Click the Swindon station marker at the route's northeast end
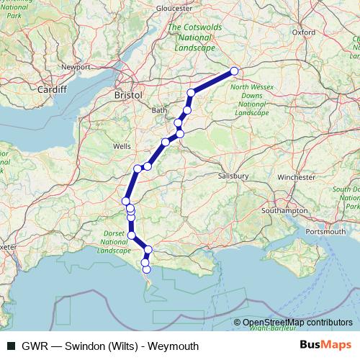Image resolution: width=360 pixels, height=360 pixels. tap(234, 71)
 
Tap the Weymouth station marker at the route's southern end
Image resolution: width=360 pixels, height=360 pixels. tap(147, 270)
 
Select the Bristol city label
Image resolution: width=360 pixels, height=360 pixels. tap(128, 94)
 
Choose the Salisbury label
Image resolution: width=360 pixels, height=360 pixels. tap(234, 176)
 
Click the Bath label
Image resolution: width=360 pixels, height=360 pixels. tap(159, 110)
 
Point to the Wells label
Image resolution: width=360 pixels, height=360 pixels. tap(122, 146)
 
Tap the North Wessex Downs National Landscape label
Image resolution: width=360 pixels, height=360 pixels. tap(249, 100)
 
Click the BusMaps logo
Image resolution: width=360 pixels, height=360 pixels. tap(325, 346)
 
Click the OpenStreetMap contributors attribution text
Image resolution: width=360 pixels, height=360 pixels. tap(297, 323)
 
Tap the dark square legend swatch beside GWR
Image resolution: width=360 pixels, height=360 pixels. tap(10, 346)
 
